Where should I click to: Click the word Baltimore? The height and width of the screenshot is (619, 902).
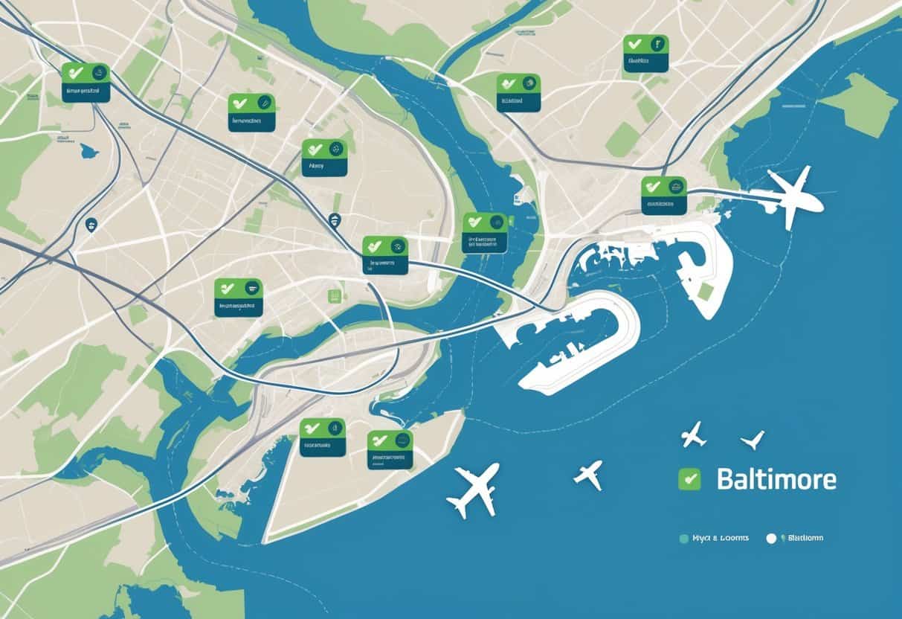pyautogui.click(x=776, y=479)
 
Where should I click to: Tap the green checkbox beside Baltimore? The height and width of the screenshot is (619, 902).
pyautogui.click(x=689, y=479)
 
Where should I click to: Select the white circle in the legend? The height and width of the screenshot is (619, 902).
pyautogui.click(x=771, y=538)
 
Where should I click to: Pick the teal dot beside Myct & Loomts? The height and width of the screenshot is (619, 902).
pyautogui.click(x=684, y=537)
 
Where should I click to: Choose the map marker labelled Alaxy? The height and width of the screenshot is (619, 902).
pyautogui.click(x=324, y=158)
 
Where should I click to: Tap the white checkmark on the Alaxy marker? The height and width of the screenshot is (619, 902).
pyautogui.click(x=313, y=149)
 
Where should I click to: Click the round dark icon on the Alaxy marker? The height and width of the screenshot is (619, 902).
pyautogui.click(x=335, y=149)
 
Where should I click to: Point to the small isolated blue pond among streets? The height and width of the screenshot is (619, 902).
pyautogui.click(x=89, y=151)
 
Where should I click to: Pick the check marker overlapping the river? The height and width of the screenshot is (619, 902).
pyautogui.click(x=484, y=232)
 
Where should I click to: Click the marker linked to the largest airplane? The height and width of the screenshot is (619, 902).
pyautogui.click(x=663, y=195)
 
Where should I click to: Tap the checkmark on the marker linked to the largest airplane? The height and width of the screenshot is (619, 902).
pyautogui.click(x=653, y=186)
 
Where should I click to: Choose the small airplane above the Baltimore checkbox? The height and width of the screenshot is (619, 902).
pyautogui.click(x=693, y=434)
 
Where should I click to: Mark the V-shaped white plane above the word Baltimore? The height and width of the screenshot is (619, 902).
pyautogui.click(x=753, y=440)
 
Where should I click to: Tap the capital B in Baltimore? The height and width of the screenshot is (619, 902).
pyautogui.click(x=724, y=479)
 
